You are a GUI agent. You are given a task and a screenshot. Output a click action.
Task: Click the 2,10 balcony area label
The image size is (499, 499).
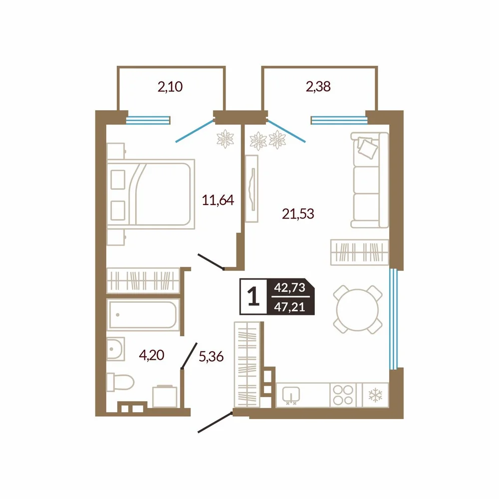[x=170, y=86]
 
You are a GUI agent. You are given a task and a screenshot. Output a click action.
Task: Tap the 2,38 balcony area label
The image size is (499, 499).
[x=318, y=86]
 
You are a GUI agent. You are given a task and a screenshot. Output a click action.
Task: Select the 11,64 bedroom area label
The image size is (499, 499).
[x=218, y=200]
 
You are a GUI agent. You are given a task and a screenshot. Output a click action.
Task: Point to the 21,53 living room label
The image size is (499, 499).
[x=298, y=214]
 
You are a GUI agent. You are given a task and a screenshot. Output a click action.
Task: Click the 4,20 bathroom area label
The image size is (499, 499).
[x=152, y=355]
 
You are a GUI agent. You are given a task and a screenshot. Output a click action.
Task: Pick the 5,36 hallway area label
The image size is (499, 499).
[x=211, y=357]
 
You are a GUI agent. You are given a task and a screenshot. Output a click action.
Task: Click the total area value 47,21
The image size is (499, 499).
[x=289, y=307]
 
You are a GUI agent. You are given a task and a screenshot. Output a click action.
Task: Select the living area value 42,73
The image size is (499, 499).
[x=289, y=288]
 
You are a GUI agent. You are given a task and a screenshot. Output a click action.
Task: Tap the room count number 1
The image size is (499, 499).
[x=253, y=296]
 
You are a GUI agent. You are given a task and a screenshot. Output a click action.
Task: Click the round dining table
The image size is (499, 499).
[x=357, y=309]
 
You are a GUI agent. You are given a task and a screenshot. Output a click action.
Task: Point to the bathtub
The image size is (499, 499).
[x=143, y=315]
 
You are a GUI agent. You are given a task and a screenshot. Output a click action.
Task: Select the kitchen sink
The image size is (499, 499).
[x=291, y=395]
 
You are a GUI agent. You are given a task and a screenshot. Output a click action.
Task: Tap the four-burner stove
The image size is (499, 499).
[x=343, y=395]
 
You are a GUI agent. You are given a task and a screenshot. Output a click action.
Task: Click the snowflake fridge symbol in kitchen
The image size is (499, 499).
[x=375, y=395]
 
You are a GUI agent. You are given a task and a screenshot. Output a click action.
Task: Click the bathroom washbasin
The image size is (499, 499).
[x=115, y=349]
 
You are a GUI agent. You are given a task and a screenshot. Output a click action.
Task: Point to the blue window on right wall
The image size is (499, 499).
[x=394, y=319]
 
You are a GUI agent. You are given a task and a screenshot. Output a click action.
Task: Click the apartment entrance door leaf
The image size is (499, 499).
[x=216, y=422]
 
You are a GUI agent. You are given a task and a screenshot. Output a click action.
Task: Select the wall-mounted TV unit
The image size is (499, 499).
[x=251, y=189]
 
